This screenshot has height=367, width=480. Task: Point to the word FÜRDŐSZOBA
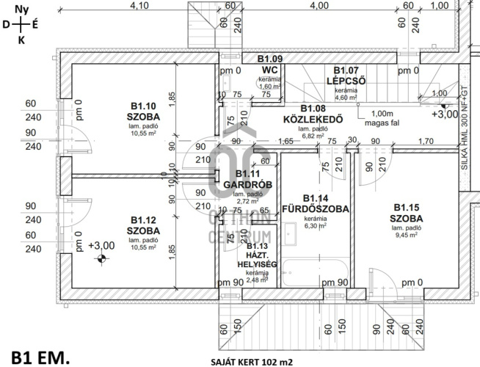pyautogui.click(x=315, y=208)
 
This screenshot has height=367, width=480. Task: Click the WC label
pyautogui.click(x=269, y=70)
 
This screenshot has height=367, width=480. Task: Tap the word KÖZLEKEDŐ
pyautogui.click(x=313, y=118)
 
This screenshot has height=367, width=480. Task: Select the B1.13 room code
pyautogui.click(x=258, y=246)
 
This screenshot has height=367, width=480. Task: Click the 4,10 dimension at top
pyautogui.click(x=139, y=5)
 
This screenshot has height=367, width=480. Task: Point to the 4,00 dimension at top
pyautogui.click(x=319, y=5)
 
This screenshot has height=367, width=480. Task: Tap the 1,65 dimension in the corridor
pyautogui.click(x=286, y=141)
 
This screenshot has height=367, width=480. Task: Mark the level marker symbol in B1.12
pyautogui.click(x=102, y=258)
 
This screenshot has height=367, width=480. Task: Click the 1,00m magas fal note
pyautogui.click(x=382, y=118)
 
